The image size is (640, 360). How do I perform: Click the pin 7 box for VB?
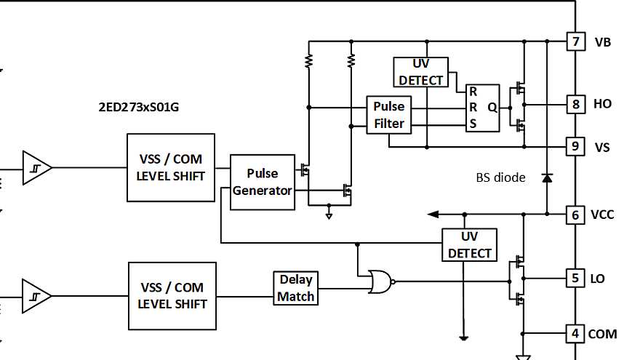pos(575,41)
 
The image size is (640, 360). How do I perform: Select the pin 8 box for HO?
pos(575,104)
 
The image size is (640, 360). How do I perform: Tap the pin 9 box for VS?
pos(575,147)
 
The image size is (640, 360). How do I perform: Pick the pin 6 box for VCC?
pos(575,215)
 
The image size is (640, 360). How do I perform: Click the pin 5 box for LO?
pos(575,278)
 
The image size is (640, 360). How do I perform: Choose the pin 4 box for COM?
pos(575,334)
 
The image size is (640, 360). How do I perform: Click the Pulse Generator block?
pos(263,183)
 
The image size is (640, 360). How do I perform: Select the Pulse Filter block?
pos(388,115)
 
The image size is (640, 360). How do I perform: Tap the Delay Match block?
pos(296,288)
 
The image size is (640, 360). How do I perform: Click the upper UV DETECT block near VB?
pos(421,72)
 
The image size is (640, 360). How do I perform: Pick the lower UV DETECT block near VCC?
pos(470,245)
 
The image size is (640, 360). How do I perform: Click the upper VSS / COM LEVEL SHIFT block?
pos(171,167)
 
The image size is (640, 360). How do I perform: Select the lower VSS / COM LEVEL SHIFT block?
pos(172,296)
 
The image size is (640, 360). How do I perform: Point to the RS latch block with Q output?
pos(483,108)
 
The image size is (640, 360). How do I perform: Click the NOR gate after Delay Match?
pos(380,281)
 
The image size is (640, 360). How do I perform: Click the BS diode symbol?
pos(546,177)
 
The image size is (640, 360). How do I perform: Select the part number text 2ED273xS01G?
pos(140,107)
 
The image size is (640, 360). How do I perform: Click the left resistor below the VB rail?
pos(309,60)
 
